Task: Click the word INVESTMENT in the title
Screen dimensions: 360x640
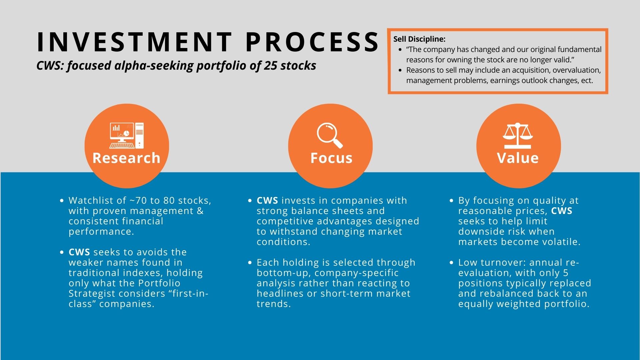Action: pos(134,42)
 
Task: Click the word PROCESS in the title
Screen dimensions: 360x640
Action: pos(312,42)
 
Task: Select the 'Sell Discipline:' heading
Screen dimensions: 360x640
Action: pos(419,39)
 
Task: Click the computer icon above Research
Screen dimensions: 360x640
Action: pos(127,136)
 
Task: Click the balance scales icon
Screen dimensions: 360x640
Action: pos(518,136)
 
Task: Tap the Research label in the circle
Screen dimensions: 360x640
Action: pos(126,158)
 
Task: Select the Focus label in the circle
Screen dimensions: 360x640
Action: pos(331,158)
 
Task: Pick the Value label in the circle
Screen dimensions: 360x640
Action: pos(518,158)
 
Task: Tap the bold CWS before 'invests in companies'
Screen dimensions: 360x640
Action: pos(267,200)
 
